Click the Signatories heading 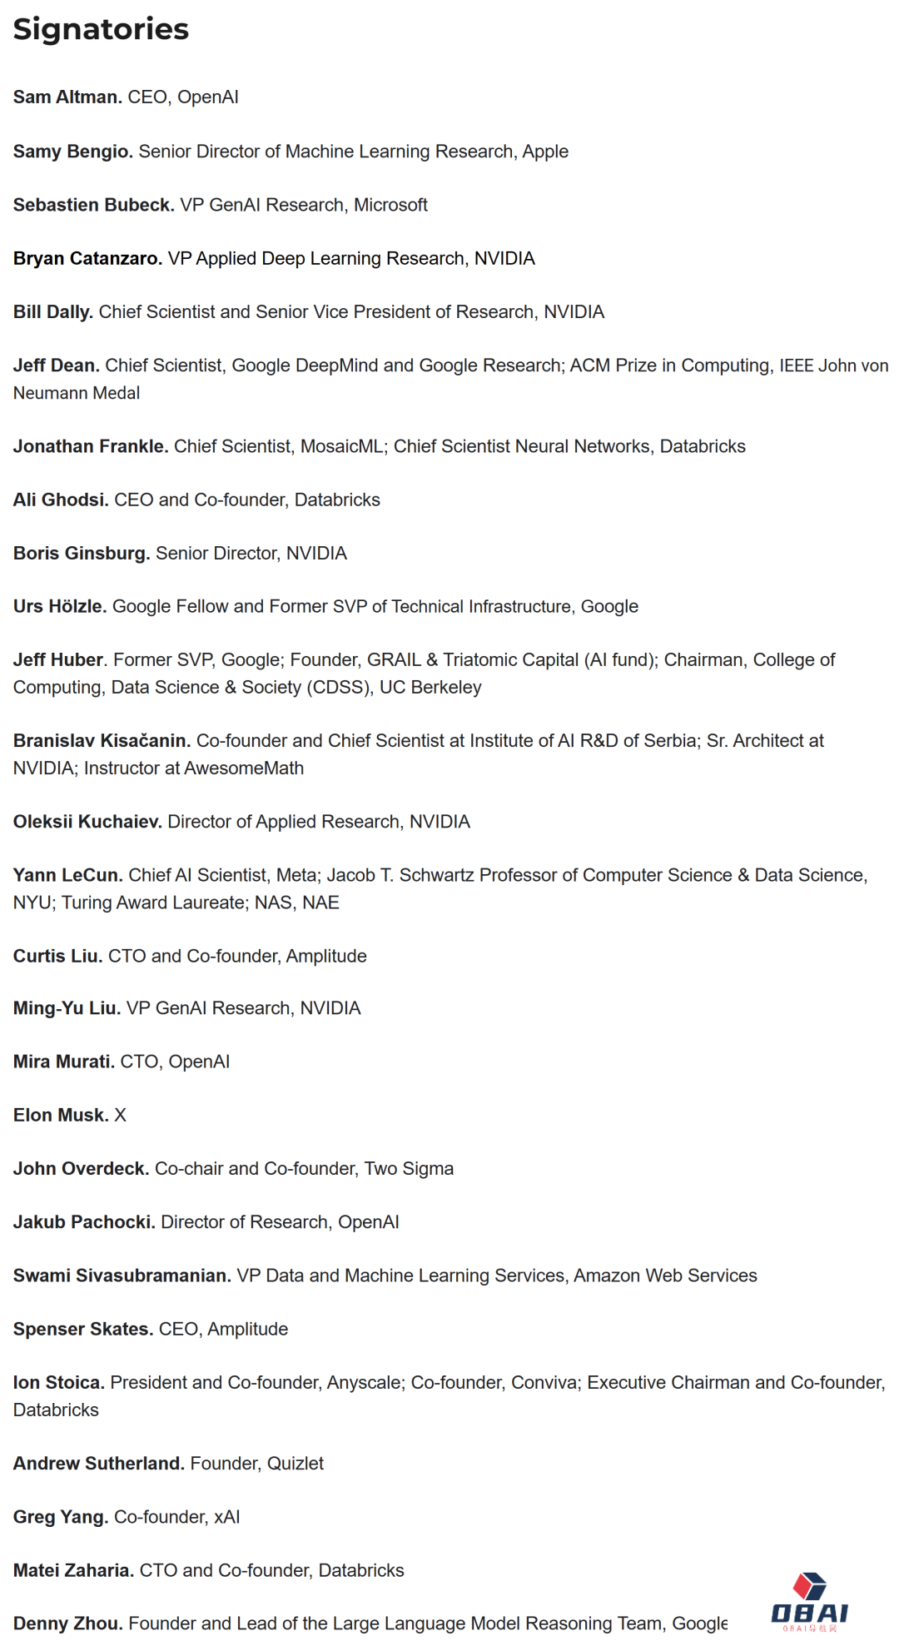coord(101,29)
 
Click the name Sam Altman coord(67,97)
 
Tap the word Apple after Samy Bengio coord(545,152)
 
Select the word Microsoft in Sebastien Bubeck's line coord(390,205)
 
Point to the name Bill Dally coord(52,312)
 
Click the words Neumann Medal coord(77,393)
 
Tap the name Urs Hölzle coord(59,607)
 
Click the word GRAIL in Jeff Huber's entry coord(394,660)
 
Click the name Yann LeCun coord(67,875)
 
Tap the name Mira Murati coord(63,1062)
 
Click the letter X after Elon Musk coord(121,1116)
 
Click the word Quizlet coord(296,1464)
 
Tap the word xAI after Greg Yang coord(227,1517)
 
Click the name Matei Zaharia coord(73,1570)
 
